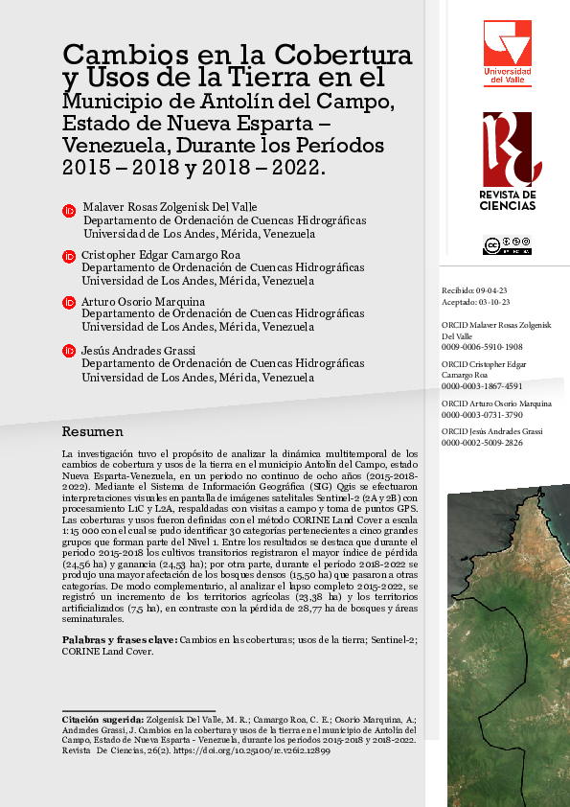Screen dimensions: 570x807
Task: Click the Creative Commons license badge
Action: pyautogui.click(x=507, y=245)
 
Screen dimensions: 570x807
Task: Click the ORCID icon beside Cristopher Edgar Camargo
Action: pyautogui.click(x=69, y=257)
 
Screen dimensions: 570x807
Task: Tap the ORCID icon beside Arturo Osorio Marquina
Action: pyautogui.click(x=69, y=304)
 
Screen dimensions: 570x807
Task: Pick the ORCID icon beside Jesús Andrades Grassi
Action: pyautogui.click(x=69, y=351)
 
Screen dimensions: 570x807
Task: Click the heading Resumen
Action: pyautogui.click(x=92, y=431)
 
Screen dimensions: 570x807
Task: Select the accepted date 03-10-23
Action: pyautogui.click(x=497, y=301)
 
